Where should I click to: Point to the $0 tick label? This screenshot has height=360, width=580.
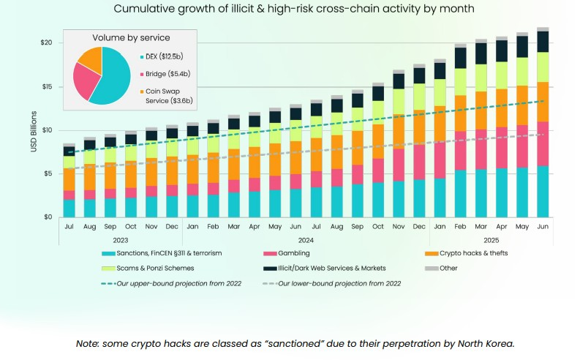tap(46, 217)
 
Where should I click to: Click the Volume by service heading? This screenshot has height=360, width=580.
tap(132, 37)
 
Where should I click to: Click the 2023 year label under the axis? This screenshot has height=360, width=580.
tap(121, 239)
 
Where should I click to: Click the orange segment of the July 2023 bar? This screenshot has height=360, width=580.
tap(69, 179)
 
